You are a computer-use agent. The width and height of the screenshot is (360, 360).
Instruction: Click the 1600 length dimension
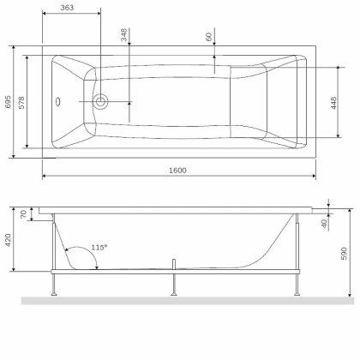178,169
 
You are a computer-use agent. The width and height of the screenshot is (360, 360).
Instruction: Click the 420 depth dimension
9,239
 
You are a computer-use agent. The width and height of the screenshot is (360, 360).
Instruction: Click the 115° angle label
99,248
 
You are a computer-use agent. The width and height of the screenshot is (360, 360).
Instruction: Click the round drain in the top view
101,102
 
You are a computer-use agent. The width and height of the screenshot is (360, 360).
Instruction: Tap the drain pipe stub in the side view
176,263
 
